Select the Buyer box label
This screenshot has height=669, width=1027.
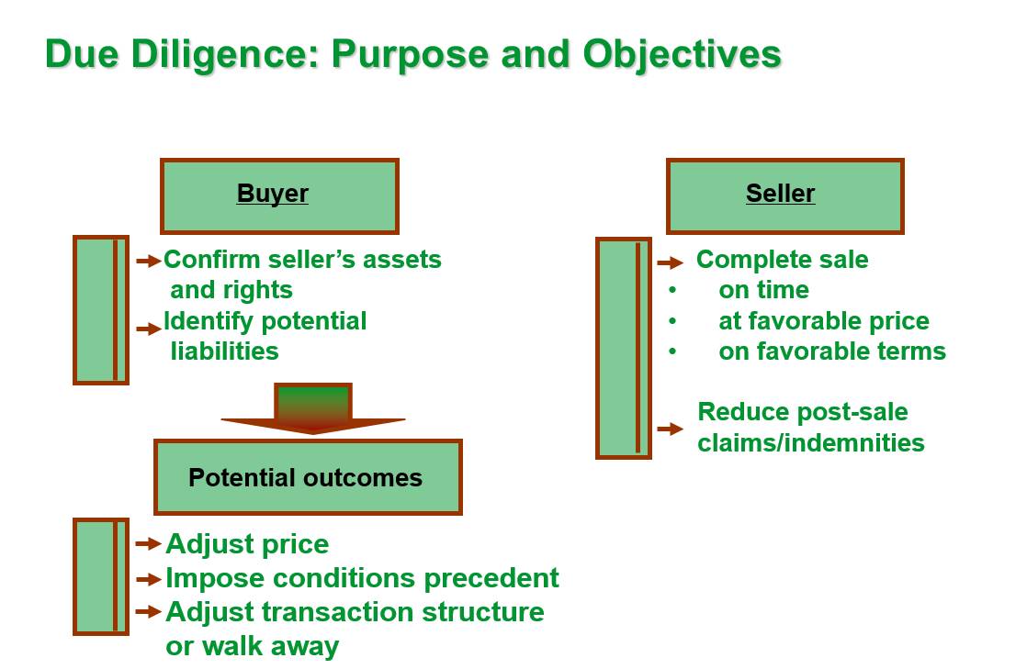coord(273,194)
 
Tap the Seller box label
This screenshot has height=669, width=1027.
coord(780,194)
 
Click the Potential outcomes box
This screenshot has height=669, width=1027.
coord(308,477)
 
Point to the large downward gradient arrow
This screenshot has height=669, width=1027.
coord(313,409)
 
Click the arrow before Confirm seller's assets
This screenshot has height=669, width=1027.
coord(149,262)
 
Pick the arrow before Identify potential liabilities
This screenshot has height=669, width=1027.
coord(149,329)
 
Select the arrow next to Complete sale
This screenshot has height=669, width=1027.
coord(670,263)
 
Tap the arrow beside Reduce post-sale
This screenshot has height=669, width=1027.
coord(670,429)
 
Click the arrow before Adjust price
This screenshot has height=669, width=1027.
coord(149,543)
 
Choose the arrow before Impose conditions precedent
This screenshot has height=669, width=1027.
coord(149,579)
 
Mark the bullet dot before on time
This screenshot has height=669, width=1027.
coord(672,290)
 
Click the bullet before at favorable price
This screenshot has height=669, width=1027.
coord(672,321)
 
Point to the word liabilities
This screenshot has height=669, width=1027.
coord(225,351)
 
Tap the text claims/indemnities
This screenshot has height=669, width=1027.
coord(811,443)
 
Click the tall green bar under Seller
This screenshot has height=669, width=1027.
coord(624,348)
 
